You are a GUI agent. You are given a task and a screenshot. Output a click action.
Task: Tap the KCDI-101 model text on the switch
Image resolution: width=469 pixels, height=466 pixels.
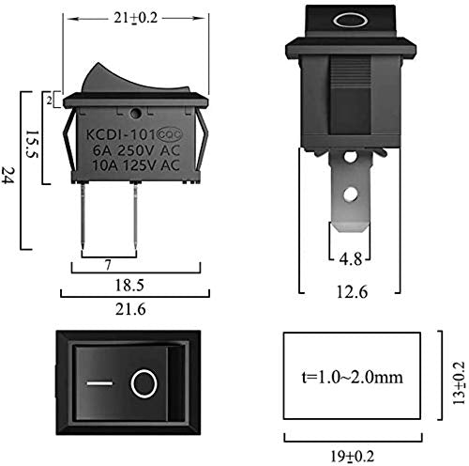(x=120, y=133)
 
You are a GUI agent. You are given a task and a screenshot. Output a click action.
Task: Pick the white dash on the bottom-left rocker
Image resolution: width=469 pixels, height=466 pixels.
(x=98, y=384)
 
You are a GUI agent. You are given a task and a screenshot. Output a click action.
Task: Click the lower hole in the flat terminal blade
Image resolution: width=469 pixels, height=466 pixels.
(x=350, y=196)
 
